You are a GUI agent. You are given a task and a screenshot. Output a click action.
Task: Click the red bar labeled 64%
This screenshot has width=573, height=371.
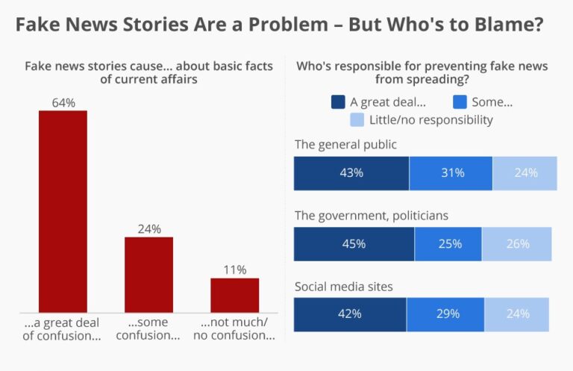pyautogui.click(x=63, y=211)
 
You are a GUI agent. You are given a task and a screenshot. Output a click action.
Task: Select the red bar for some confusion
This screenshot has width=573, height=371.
pyautogui.click(x=148, y=274)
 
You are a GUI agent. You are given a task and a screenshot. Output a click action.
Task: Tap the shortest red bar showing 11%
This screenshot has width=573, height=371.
pyautogui.click(x=234, y=295)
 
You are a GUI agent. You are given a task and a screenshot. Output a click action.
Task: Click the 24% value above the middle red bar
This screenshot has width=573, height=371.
pyautogui.click(x=148, y=229)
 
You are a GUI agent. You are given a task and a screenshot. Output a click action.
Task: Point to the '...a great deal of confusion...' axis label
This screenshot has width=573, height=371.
pyautogui.click(x=63, y=329)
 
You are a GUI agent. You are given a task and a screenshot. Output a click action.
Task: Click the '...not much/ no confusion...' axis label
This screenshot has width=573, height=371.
pyautogui.click(x=234, y=329)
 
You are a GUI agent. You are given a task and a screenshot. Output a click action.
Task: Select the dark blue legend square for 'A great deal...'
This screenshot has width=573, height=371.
pyautogui.click(x=339, y=102)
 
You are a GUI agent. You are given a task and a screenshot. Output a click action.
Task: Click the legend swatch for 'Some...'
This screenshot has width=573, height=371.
pyautogui.click(x=460, y=102)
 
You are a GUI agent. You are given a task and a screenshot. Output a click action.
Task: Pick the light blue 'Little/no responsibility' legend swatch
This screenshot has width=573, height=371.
pyautogui.click(x=358, y=119)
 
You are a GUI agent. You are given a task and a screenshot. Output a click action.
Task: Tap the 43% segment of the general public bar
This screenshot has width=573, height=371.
pyautogui.click(x=351, y=172)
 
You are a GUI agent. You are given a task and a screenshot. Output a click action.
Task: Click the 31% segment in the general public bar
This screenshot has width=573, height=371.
pyautogui.click(x=451, y=172)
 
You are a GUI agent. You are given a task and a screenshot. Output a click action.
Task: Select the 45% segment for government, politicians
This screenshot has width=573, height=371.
pyautogui.click(x=354, y=244)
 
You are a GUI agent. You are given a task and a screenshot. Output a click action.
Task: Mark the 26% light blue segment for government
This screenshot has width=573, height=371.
pyautogui.click(x=517, y=244)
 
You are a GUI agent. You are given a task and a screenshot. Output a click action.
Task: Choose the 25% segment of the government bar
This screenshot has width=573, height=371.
pyautogui.click(x=448, y=244)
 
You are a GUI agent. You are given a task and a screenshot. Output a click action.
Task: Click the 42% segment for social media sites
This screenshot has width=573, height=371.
pyautogui.click(x=350, y=314)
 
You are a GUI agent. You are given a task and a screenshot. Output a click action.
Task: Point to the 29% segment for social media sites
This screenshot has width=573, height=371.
pyautogui.click(x=445, y=314)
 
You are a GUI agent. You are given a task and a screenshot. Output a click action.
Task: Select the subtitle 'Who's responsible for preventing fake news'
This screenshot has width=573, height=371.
pyautogui.click(x=422, y=66)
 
